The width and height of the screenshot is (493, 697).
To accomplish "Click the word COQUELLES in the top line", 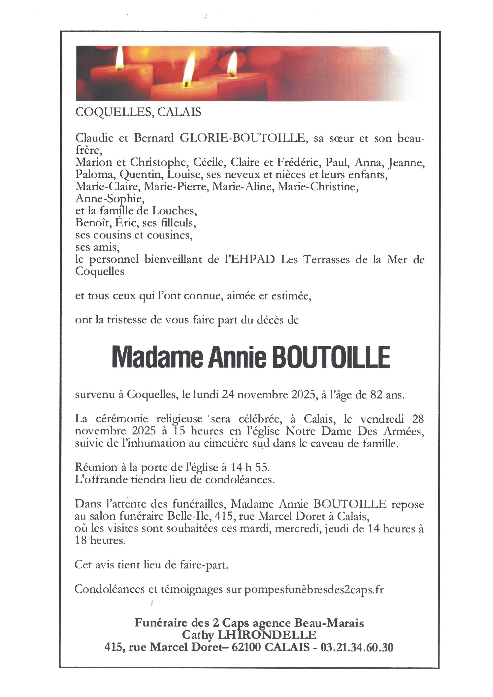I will tap(113, 112).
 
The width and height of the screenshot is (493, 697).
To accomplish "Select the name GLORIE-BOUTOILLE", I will tap(242, 138).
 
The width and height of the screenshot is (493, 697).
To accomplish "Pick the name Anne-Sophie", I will tap(110, 199).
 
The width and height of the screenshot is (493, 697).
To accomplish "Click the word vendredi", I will tap(382, 419).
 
